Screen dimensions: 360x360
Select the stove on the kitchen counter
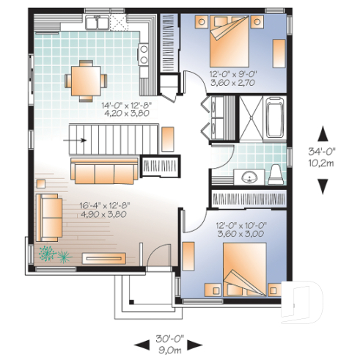click(144, 53)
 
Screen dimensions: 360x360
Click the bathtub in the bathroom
click(276, 120)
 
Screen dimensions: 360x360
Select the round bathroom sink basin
click(249, 176)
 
